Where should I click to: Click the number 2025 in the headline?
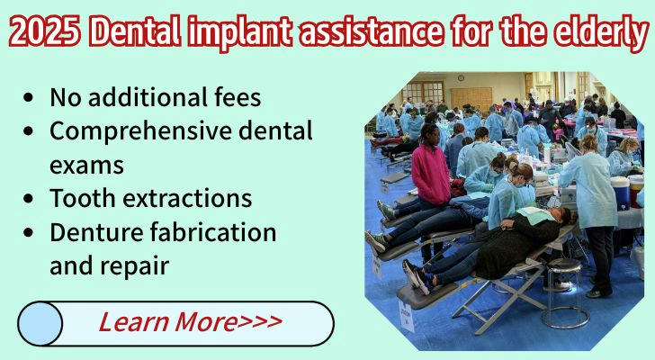45,31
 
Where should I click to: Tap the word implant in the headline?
239,33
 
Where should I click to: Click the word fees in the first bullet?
238,97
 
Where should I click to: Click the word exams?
86,165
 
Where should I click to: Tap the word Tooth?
82,197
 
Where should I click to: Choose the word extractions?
187,198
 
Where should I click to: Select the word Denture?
96,232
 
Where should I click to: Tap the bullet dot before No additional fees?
29,97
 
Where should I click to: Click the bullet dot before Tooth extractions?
29,198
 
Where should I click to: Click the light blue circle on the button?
40,324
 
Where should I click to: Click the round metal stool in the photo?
565,292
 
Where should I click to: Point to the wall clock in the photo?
461,78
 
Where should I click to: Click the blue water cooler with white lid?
620,193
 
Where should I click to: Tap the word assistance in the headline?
370,32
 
